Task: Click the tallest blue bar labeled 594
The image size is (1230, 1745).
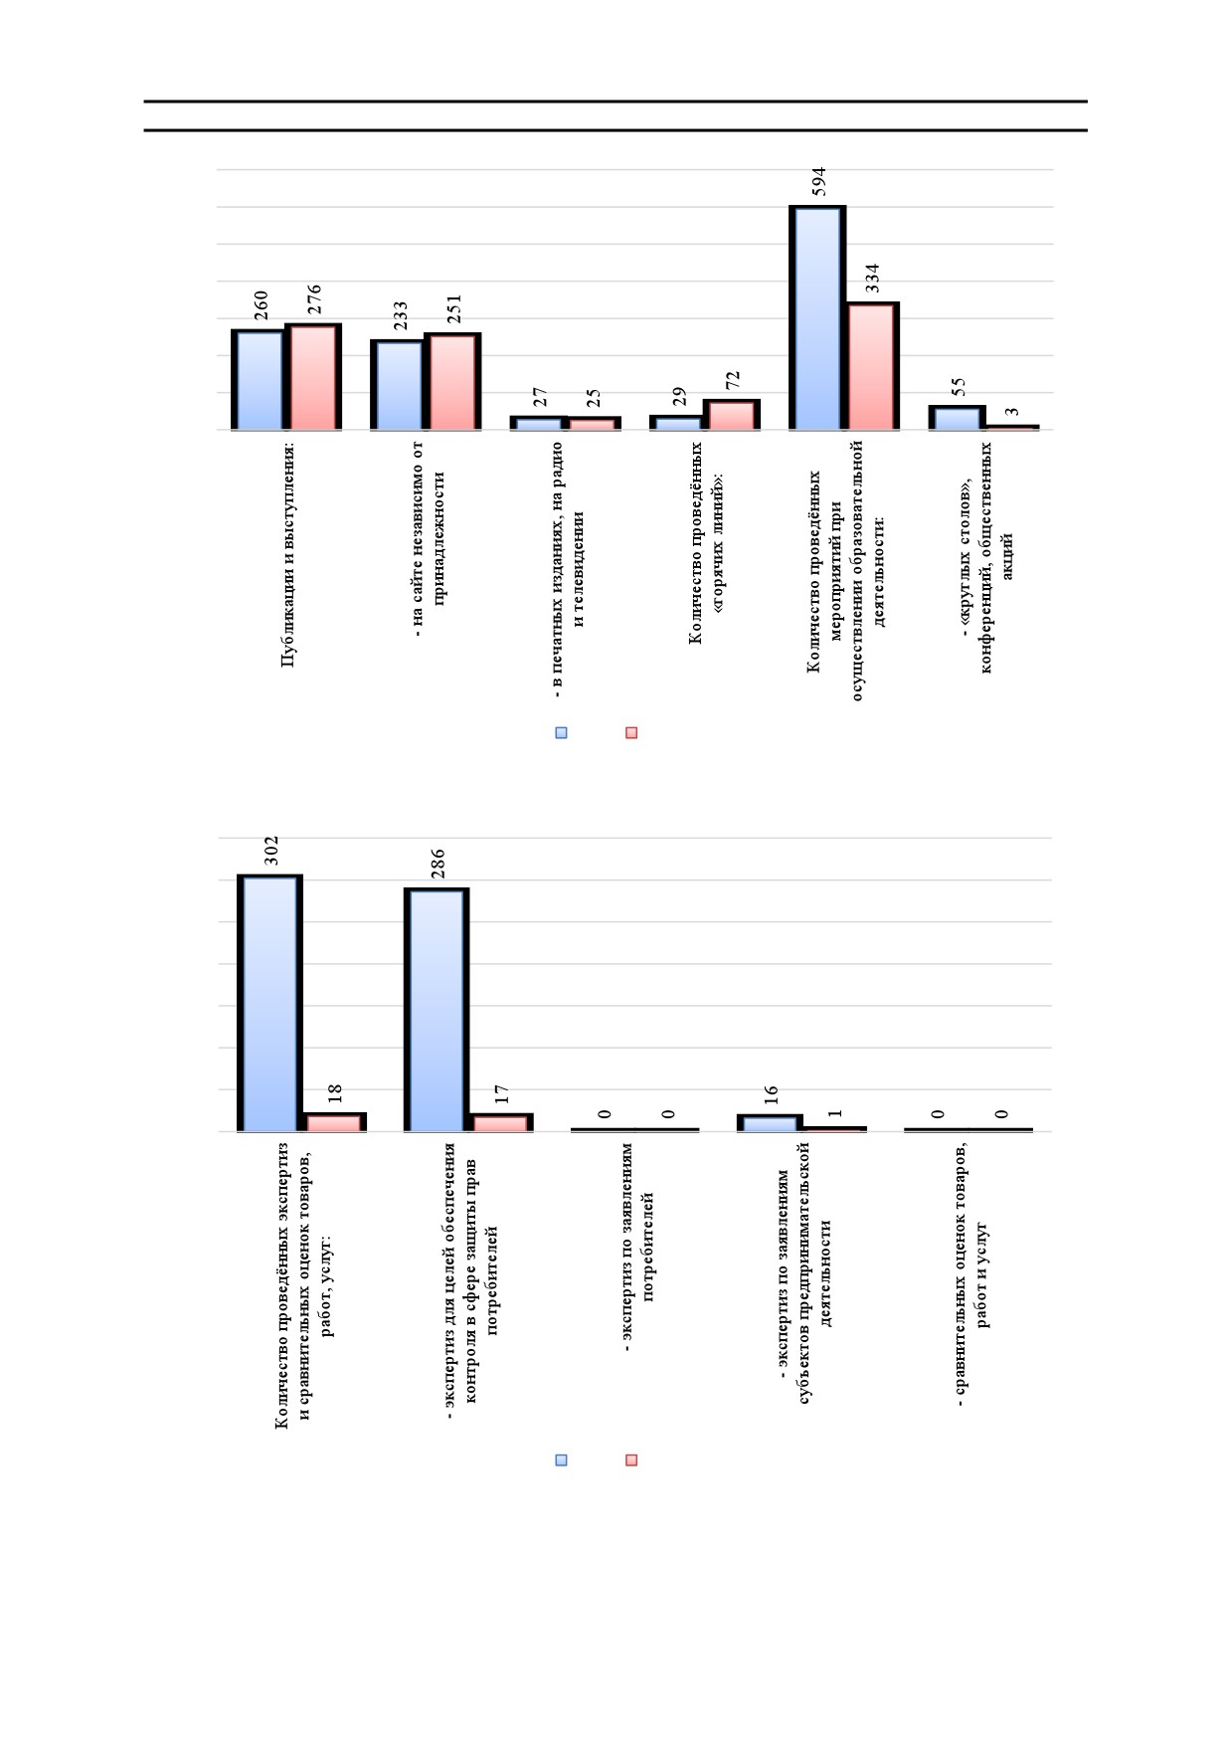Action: click(x=817, y=317)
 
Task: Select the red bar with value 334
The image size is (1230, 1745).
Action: click(x=872, y=366)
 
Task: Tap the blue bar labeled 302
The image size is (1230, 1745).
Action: click(x=269, y=1003)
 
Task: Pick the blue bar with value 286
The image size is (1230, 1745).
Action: click(x=437, y=1010)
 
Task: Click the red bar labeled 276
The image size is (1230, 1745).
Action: click(x=313, y=377)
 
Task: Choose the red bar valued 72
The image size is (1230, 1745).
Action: click(x=732, y=415)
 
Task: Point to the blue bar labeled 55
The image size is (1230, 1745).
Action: click(x=957, y=418)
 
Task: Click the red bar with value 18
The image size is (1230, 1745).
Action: click(x=334, y=1122)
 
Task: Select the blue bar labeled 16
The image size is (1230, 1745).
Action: click(x=770, y=1123)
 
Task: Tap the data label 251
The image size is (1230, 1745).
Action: click(x=454, y=309)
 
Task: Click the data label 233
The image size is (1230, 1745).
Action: click(x=400, y=316)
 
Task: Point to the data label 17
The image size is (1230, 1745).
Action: click(x=502, y=1094)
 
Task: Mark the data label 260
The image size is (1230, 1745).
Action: click(x=261, y=306)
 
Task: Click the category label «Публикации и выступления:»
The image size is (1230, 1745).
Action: click(x=288, y=554)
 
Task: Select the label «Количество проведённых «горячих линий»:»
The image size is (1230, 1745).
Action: click(x=708, y=543)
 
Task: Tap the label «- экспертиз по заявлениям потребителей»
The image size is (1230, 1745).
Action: click(x=637, y=1247)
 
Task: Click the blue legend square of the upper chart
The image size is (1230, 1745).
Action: click(x=561, y=733)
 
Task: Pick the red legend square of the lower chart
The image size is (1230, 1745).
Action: click(x=631, y=1460)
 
